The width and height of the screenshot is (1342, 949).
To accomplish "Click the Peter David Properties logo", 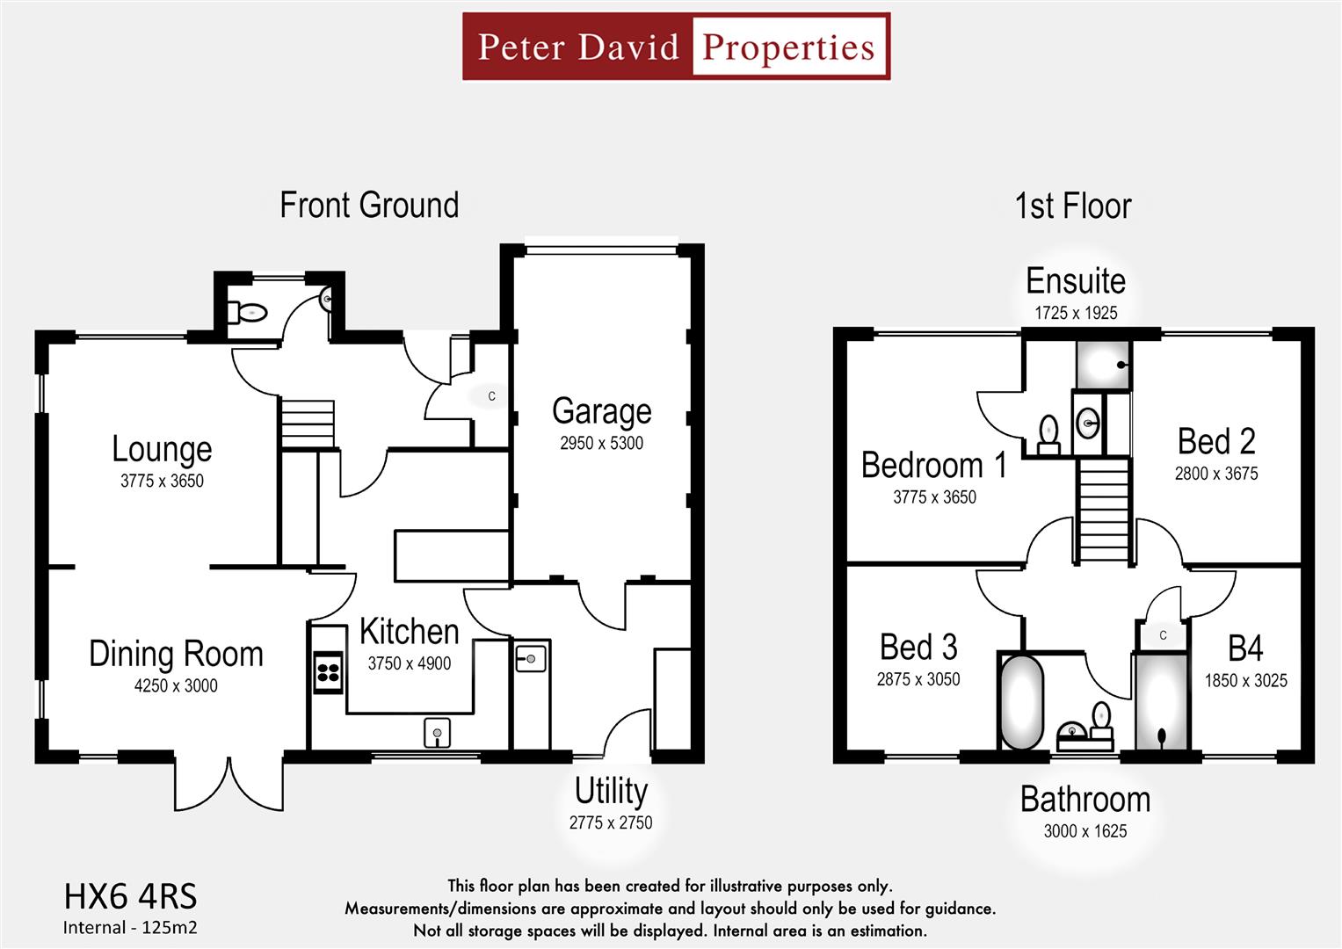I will coord(676,47).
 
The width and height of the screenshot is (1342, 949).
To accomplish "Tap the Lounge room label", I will coord(162,449).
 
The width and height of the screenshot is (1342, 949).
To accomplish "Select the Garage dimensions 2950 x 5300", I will coord(601,444).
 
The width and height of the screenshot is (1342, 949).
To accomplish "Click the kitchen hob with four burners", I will coord(328,673).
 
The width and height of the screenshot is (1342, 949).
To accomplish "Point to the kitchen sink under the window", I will coord(437,731).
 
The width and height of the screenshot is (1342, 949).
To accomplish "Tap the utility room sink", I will coord(531,657).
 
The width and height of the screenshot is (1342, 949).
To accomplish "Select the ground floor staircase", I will coord(308,424).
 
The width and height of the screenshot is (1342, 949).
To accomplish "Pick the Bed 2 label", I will coord(1216,441).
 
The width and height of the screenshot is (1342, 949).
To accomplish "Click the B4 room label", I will coord(1244,648).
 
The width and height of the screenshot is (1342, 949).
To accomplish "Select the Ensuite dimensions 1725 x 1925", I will coord(1076,313).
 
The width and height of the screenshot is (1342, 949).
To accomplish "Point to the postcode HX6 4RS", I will coord(130,896).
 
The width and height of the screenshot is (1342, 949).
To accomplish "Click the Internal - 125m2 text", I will coord(130,927).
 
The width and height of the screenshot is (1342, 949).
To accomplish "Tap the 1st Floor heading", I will coord(1072,206).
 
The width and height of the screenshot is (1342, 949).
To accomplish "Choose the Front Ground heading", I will coord(369,205).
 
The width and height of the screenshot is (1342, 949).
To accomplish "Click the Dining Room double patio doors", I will coord(229,781).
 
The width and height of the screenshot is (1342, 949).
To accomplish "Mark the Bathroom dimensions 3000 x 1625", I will coord(1084,831).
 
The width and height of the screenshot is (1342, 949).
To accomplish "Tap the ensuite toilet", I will coord(1048,433).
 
